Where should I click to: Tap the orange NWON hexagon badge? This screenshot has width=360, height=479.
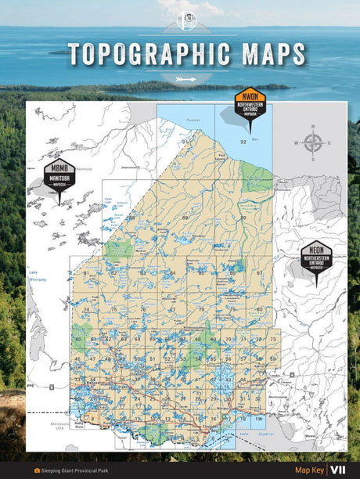(x=250, y=105)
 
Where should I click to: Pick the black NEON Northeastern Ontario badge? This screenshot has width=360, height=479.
(x=316, y=258)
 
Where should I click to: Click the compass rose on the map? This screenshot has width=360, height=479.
(x=312, y=143)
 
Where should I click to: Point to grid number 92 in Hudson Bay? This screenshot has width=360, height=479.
(x=243, y=142)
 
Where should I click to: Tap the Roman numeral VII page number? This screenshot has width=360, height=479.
(x=338, y=470)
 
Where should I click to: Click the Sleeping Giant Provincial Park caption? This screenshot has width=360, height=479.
(x=75, y=470)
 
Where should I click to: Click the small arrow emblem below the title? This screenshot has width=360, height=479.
(x=186, y=78)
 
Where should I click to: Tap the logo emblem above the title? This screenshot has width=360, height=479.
(x=186, y=20)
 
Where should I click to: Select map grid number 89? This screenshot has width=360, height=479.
(x=185, y=217)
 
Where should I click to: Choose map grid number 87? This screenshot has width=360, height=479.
(x=259, y=273)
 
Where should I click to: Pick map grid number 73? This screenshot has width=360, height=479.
(x=272, y=339)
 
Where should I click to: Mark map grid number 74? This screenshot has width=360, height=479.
(x=85, y=310)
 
